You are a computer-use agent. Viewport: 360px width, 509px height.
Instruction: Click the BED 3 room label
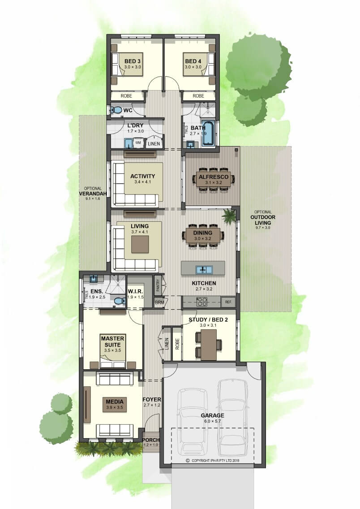coord(133,61)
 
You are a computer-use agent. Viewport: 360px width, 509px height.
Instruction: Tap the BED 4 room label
coord(193,61)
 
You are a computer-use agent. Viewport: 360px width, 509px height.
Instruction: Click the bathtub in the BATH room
coord(208,133)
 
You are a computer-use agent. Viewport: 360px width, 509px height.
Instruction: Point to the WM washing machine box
coord(138,142)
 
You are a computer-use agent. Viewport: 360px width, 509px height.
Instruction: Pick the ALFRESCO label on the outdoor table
coord(214,177)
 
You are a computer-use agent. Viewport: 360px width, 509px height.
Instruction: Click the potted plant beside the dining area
coord(230,215)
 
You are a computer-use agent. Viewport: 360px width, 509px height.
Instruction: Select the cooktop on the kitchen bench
coord(202,302)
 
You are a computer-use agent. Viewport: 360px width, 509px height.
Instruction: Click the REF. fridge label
coord(228,302)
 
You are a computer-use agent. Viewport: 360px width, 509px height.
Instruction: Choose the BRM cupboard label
coord(159,302)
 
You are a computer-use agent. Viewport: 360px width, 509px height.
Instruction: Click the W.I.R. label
coord(135,291)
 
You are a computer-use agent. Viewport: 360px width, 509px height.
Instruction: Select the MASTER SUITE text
coord(112,341)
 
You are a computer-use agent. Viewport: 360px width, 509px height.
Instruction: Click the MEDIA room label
coord(115,401)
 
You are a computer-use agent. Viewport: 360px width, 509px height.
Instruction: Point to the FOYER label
coord(152,399)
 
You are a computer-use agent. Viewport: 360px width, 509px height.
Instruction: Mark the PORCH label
coord(151,440)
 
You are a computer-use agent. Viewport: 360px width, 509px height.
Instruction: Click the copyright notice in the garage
coord(213,460)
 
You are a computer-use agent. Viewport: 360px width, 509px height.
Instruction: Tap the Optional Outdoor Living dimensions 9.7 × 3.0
coord(263,228)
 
